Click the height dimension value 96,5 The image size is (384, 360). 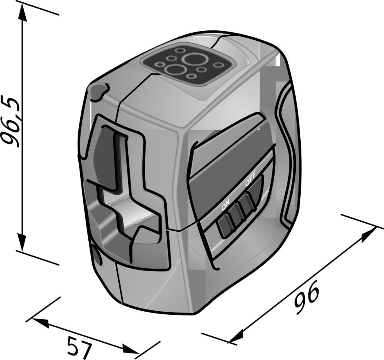pyautogui.click(x=10, y=120)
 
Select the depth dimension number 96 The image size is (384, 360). pyautogui.click(x=307, y=297)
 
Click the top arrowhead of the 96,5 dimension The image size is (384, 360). pyautogui.click(x=22, y=12)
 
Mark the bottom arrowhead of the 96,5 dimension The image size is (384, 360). pyautogui.click(x=22, y=242)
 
